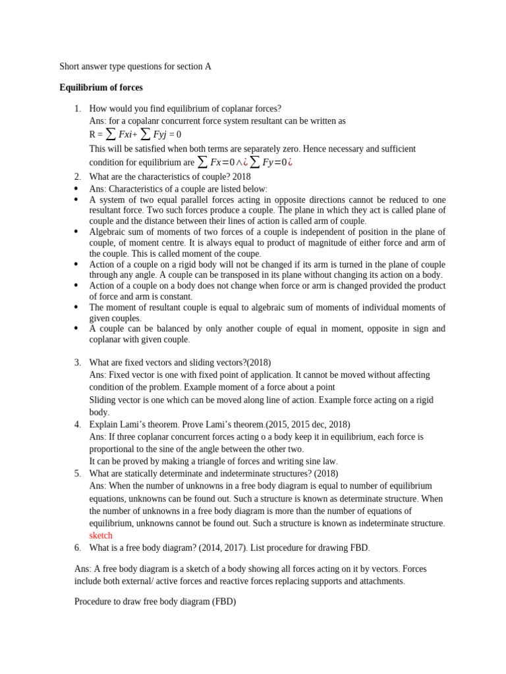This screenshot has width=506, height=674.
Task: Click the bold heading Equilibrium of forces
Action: [x=101, y=88]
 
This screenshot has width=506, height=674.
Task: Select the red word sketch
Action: [x=101, y=535]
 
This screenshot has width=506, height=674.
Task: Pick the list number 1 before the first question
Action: [x=77, y=109]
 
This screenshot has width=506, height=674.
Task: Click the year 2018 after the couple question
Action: [x=241, y=176]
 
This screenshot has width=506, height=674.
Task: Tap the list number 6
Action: [x=77, y=548]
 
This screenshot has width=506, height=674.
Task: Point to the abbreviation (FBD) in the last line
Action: [x=223, y=602]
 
